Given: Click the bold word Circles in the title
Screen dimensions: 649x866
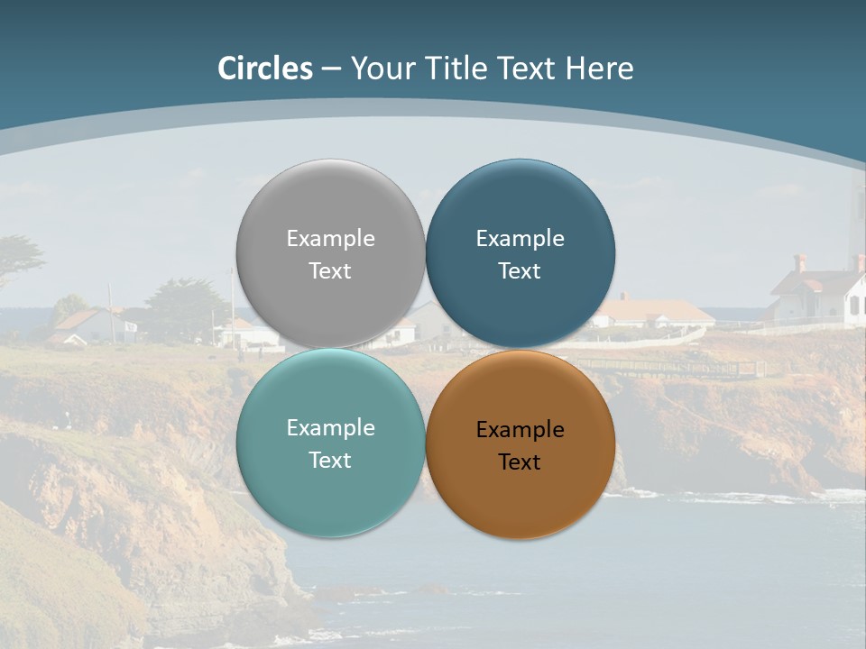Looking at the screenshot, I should click(x=265, y=69).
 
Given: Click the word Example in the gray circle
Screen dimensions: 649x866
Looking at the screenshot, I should click(x=330, y=239).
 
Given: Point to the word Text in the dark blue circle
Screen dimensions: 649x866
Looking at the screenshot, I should click(x=520, y=271).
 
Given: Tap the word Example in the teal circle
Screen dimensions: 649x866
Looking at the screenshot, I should click(x=330, y=428).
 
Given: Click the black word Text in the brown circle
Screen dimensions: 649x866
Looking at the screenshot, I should click(x=520, y=462).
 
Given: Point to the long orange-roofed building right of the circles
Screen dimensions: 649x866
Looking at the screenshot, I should click(x=653, y=313).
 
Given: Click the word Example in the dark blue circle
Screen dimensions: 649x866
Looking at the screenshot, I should click(x=520, y=239).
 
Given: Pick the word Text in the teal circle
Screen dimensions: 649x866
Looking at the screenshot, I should click(x=330, y=461).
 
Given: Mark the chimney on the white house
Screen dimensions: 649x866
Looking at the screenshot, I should click(x=799, y=262).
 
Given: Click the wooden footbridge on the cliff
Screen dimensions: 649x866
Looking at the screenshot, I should click(x=672, y=366).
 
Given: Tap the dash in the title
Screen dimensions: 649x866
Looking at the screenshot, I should click(x=331, y=69).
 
